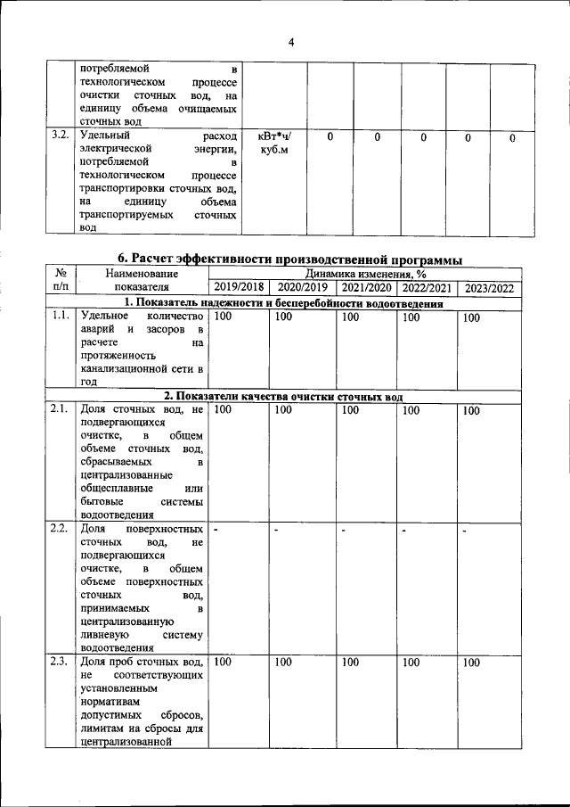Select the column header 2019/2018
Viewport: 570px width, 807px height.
coord(239,288)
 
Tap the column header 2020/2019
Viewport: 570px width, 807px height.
coord(304,288)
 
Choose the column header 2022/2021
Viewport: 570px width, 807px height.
coord(427,288)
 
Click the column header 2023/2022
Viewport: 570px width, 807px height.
coord(490,288)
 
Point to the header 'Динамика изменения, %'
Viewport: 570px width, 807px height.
coord(365,274)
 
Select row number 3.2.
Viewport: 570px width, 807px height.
coord(61,136)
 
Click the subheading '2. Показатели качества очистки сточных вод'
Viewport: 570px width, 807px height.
coord(283,396)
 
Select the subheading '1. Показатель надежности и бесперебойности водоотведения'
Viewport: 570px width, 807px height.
coord(283,302)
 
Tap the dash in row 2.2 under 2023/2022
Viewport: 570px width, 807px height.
coord(465,531)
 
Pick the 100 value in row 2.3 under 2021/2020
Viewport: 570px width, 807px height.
coord(351,663)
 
